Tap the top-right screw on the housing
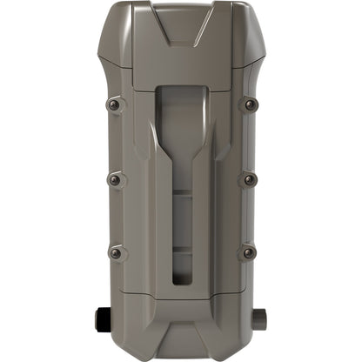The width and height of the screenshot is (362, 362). point(250,104)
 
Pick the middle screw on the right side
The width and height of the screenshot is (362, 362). point(250,179)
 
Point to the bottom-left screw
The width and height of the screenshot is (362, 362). point(115,252)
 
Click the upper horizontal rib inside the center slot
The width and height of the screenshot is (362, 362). point(181,198)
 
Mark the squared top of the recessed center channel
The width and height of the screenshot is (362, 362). point(181,90)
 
